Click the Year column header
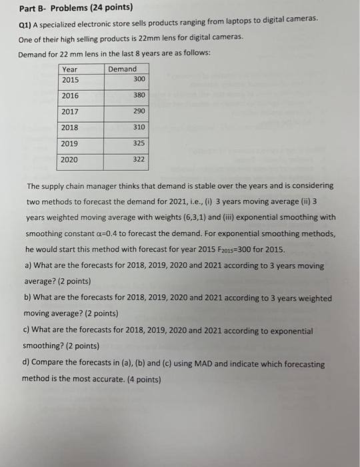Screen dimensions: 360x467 [x=69, y=69]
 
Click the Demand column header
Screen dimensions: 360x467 [x=122, y=69]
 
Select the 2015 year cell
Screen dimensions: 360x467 [x=70, y=79]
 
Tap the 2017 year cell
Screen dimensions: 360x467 [x=70, y=111]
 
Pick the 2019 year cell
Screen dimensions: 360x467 [x=70, y=143]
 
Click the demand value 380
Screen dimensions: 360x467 [x=139, y=95]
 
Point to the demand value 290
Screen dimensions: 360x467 [x=139, y=111]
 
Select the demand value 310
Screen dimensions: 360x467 [x=139, y=127]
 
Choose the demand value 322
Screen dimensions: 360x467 [x=139, y=160]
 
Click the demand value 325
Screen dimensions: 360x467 [x=139, y=143]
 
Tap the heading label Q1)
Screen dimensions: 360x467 [x=27, y=23]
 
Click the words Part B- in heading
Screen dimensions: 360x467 [x=34, y=8]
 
